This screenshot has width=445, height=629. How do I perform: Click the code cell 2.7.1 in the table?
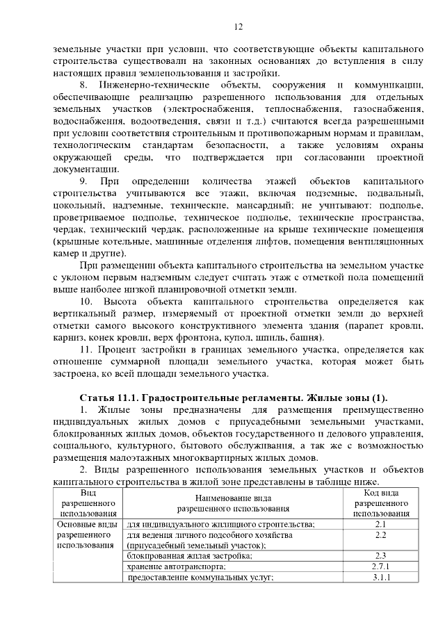[x=380, y=566]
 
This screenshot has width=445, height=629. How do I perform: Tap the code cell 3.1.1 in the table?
[x=380, y=578]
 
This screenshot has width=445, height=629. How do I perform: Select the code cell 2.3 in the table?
[x=380, y=555]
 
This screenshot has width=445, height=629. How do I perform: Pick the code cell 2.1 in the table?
[x=380, y=523]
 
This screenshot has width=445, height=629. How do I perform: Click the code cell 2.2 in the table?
[x=380, y=534]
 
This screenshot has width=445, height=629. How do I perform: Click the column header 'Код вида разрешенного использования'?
[x=380, y=503]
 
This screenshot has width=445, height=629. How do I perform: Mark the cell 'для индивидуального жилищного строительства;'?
[x=221, y=523]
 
